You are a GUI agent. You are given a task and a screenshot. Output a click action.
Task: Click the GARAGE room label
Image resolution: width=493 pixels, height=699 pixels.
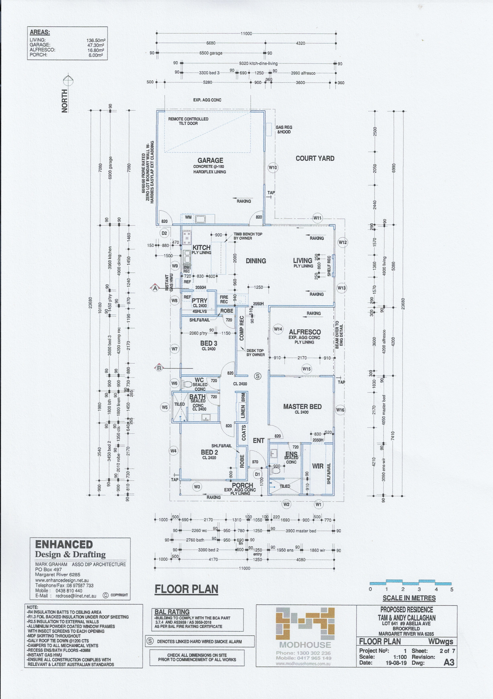(x=210, y=160)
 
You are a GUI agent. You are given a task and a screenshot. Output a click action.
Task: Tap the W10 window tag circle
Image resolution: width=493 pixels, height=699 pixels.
(x=273, y=167)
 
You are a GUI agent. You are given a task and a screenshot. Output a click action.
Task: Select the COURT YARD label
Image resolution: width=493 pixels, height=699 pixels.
(x=315, y=158)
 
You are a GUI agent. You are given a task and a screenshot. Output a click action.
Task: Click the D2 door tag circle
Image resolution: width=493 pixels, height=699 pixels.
(x=164, y=233)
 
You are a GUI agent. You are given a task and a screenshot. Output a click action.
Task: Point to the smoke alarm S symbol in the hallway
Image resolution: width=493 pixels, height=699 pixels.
(x=258, y=376)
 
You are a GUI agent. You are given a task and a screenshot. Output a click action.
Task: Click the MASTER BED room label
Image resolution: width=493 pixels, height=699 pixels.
(x=302, y=407)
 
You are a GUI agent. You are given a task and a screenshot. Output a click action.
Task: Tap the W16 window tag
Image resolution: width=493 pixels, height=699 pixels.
(x=340, y=410)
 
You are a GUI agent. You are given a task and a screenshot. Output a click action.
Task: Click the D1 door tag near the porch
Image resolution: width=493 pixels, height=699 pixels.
(x=258, y=474)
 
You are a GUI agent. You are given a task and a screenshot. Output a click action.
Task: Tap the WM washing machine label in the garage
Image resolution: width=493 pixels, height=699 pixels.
(x=188, y=217)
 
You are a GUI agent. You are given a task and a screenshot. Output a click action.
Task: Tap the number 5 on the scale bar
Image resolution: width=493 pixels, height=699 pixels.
(x=452, y=589)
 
